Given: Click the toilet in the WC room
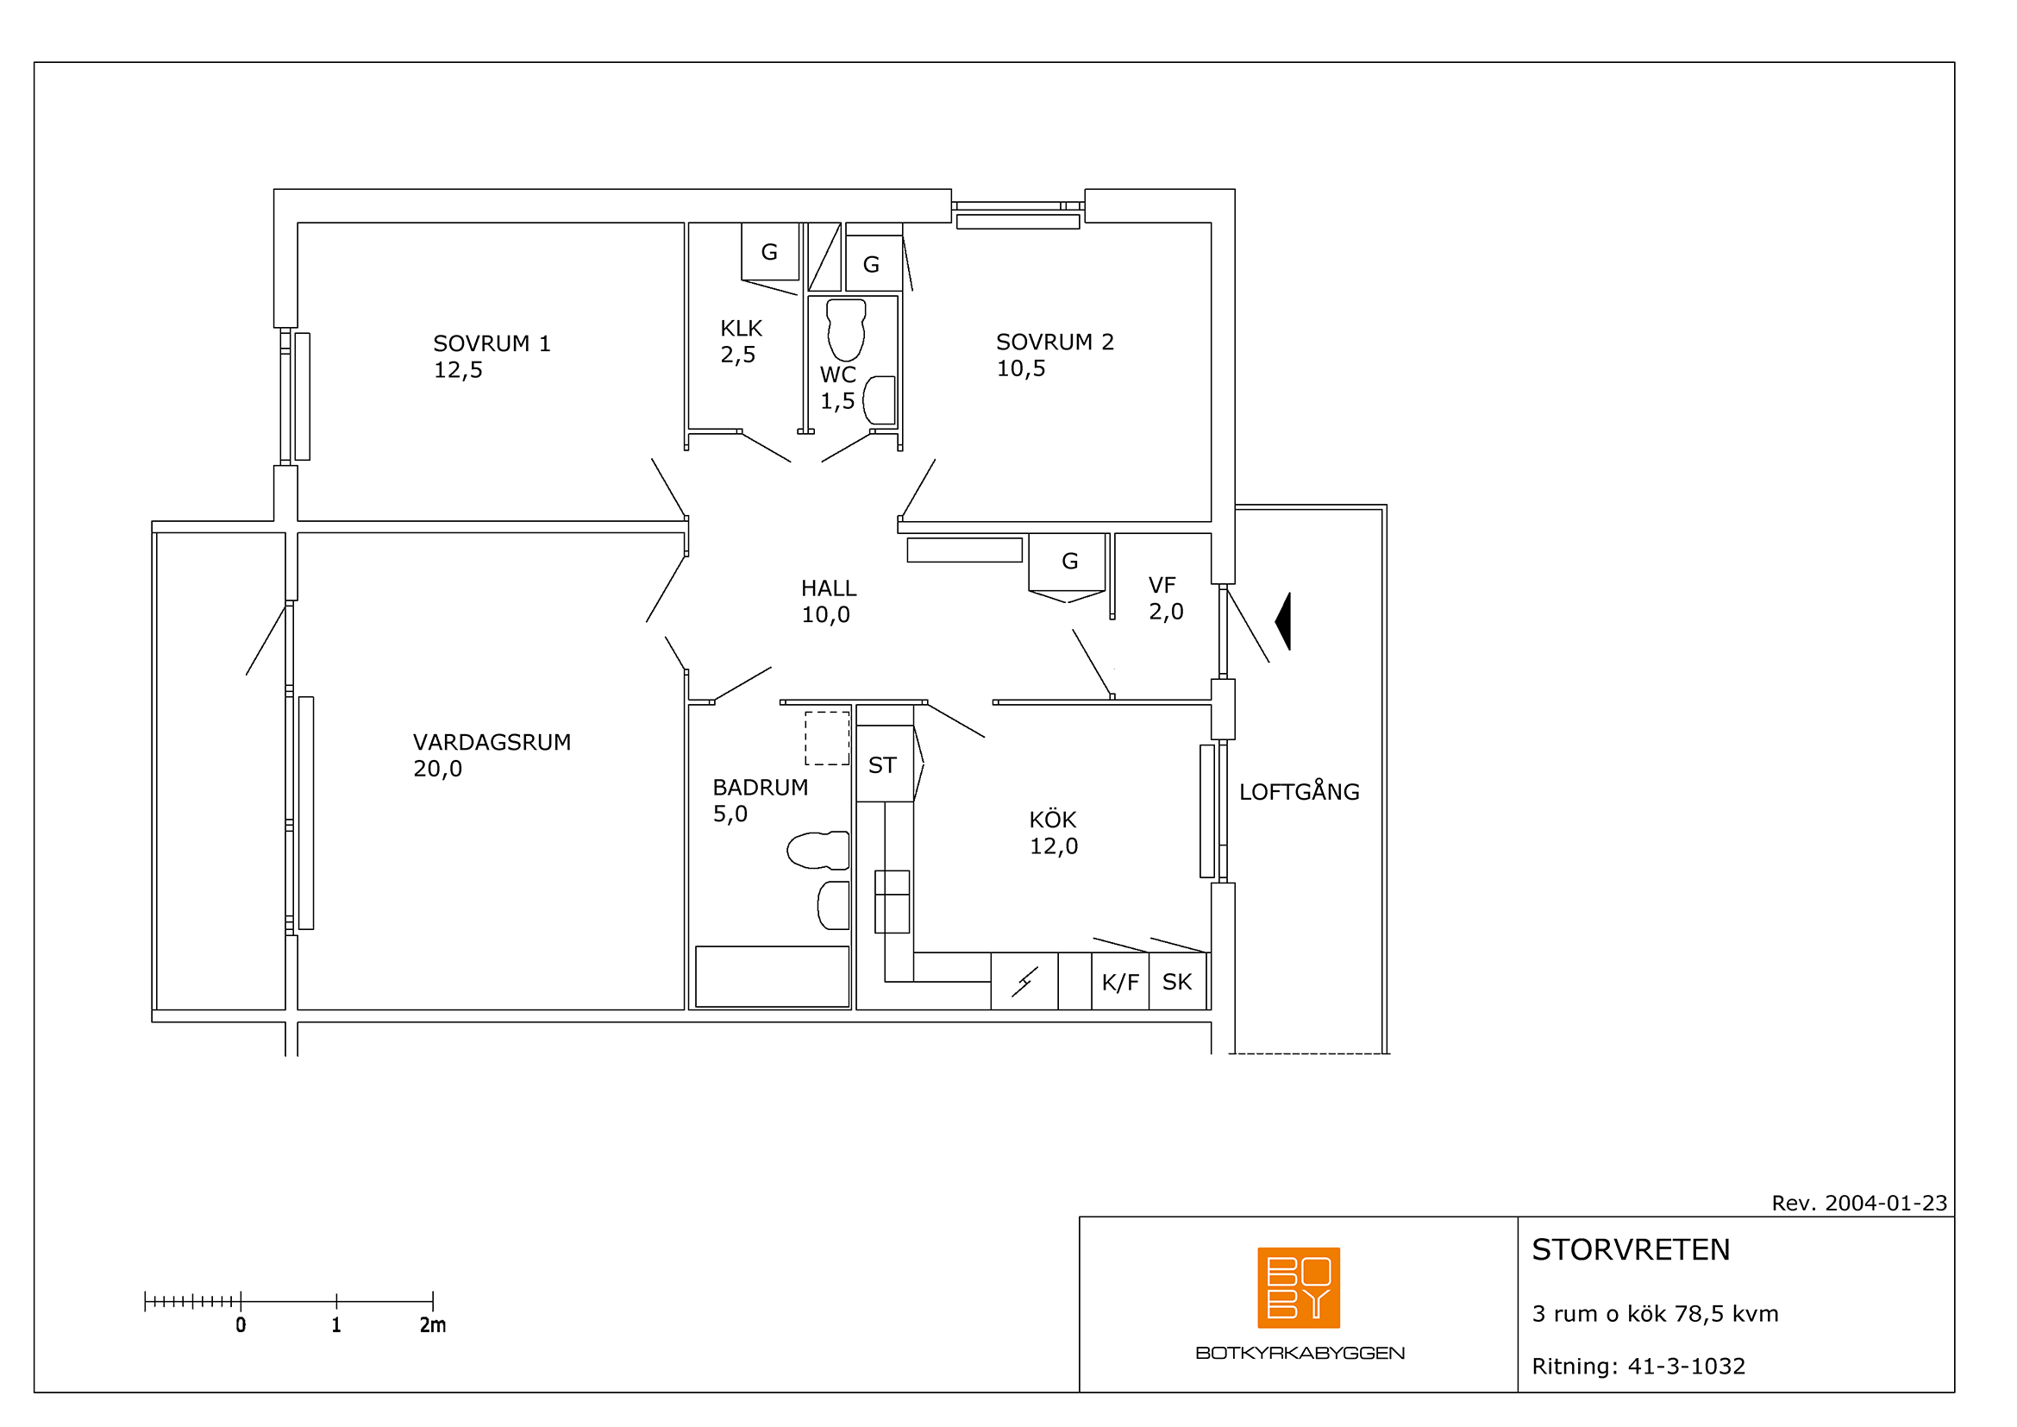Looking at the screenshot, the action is pyautogui.click(x=846, y=330).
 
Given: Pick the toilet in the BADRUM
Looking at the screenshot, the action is pyautogui.click(x=817, y=851).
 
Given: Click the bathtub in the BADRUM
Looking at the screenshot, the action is pyautogui.click(x=772, y=977).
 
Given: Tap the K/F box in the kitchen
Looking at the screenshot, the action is pyautogui.click(x=1120, y=982).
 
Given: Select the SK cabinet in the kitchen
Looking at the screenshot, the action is pyautogui.click(x=1177, y=982).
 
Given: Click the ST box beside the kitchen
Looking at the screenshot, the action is pyautogui.click(x=885, y=764).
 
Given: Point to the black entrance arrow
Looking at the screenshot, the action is pyautogui.click(x=1283, y=621).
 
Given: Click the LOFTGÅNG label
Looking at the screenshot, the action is pyautogui.click(x=1300, y=791).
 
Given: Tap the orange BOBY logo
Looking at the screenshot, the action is pyautogui.click(x=1299, y=1287).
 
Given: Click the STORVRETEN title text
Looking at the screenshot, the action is pyautogui.click(x=1632, y=1249).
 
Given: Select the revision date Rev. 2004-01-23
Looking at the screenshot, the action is pyautogui.click(x=1859, y=1203).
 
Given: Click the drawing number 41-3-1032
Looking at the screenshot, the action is pyautogui.click(x=1687, y=1367).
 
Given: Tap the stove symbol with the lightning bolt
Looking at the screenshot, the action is pyautogui.click(x=1024, y=982).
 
